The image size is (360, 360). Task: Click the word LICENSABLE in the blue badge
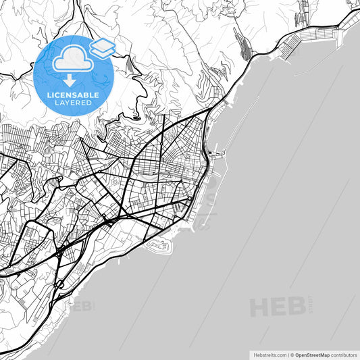pyautogui.click(x=74, y=95)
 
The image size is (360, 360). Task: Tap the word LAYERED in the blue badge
pyautogui.click(x=74, y=103)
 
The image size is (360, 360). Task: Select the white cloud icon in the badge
pyautogui.click(x=73, y=60)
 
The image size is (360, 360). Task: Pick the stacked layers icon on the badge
pyautogui.click(x=102, y=47)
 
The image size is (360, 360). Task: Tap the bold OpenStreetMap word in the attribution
pyautogui.click(x=312, y=354)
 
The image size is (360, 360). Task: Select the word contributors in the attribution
pyautogui.click(x=344, y=354)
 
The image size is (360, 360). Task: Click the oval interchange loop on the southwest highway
pyautogui.click(x=61, y=253)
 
